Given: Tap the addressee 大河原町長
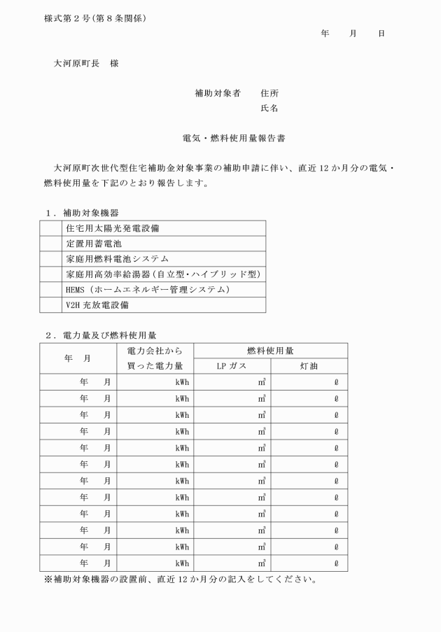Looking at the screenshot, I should coord(78,63).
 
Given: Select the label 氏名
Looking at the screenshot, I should coord(269,108).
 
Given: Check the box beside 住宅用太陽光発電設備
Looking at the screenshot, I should coord(51,228).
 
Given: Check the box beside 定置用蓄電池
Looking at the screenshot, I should coord(51,244).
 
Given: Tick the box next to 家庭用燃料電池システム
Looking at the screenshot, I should coord(51,259).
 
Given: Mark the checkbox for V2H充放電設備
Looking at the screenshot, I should coord(51,305).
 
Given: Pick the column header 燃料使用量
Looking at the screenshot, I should coord(270,350).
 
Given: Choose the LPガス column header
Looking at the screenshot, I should coord(232,366).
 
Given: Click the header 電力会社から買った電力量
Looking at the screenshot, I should coord(155,358).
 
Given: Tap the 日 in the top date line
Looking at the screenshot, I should coord(381,34).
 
